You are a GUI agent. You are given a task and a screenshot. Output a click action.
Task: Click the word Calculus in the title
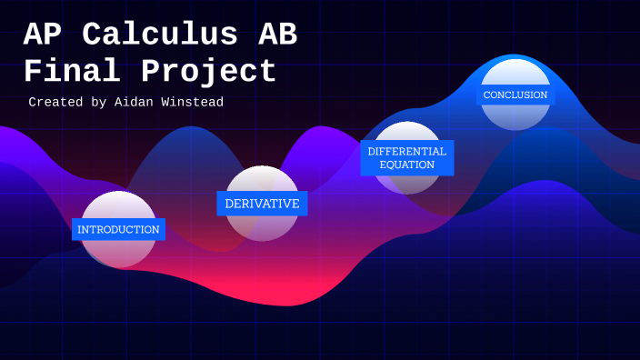[160, 35]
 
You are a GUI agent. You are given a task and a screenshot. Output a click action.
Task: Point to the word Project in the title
[208, 71]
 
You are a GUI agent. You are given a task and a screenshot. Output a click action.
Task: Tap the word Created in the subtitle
[55, 103]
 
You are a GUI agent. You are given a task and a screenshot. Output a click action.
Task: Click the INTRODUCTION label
[118, 229]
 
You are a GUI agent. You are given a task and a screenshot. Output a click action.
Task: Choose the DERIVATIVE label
[262, 204]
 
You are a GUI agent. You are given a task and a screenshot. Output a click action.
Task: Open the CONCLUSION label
[515, 95]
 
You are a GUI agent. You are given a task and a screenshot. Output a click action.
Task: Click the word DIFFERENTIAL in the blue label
[407, 151]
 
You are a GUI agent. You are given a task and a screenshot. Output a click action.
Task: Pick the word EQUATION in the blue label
[407, 165]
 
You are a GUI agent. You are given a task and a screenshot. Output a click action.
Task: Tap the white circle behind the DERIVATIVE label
[262, 227]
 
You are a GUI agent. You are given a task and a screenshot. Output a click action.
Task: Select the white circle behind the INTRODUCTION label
[118, 254]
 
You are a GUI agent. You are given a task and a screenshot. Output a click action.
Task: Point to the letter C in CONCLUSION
[486, 95]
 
